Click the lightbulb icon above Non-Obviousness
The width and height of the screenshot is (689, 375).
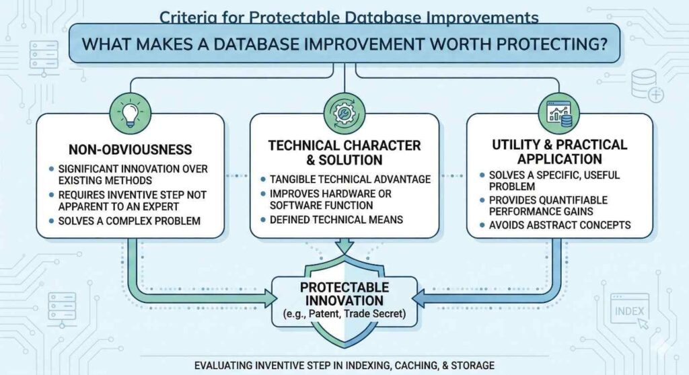(x=130, y=114)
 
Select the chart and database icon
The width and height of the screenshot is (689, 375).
(x=559, y=114)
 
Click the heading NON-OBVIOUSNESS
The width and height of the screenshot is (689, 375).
(x=130, y=150)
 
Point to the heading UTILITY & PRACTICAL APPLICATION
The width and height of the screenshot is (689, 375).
(x=559, y=151)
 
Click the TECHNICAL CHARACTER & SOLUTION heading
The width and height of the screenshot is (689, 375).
(x=344, y=153)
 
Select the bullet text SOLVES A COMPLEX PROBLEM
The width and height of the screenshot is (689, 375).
(x=129, y=221)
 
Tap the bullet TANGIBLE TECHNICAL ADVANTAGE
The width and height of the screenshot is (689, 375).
(x=350, y=179)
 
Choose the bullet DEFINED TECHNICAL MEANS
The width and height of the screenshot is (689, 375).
(x=336, y=220)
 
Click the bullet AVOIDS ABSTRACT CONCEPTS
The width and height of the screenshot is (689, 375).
(x=560, y=225)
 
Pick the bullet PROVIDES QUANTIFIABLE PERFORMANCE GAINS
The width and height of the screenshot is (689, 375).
(x=548, y=206)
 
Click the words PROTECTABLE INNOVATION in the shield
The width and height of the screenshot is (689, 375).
(x=344, y=294)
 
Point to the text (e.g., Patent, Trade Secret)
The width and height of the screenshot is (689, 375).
(x=344, y=314)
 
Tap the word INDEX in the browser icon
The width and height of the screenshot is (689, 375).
(x=629, y=311)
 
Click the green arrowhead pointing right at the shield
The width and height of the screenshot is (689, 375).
(x=270, y=298)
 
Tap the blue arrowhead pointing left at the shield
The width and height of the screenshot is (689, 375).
(x=418, y=298)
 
